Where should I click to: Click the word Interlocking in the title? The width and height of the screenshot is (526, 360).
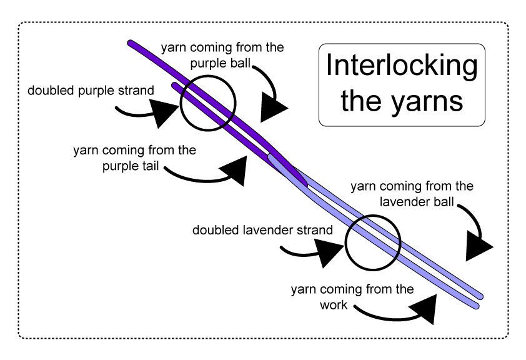coord(402,66)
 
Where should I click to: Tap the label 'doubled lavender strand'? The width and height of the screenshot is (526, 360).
coord(262,230)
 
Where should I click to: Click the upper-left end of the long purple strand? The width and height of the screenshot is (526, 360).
coord(131,43)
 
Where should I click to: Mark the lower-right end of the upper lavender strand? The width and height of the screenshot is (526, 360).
coord(480,295)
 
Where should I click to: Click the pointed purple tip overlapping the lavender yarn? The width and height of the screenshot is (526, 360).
coord(305,184)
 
